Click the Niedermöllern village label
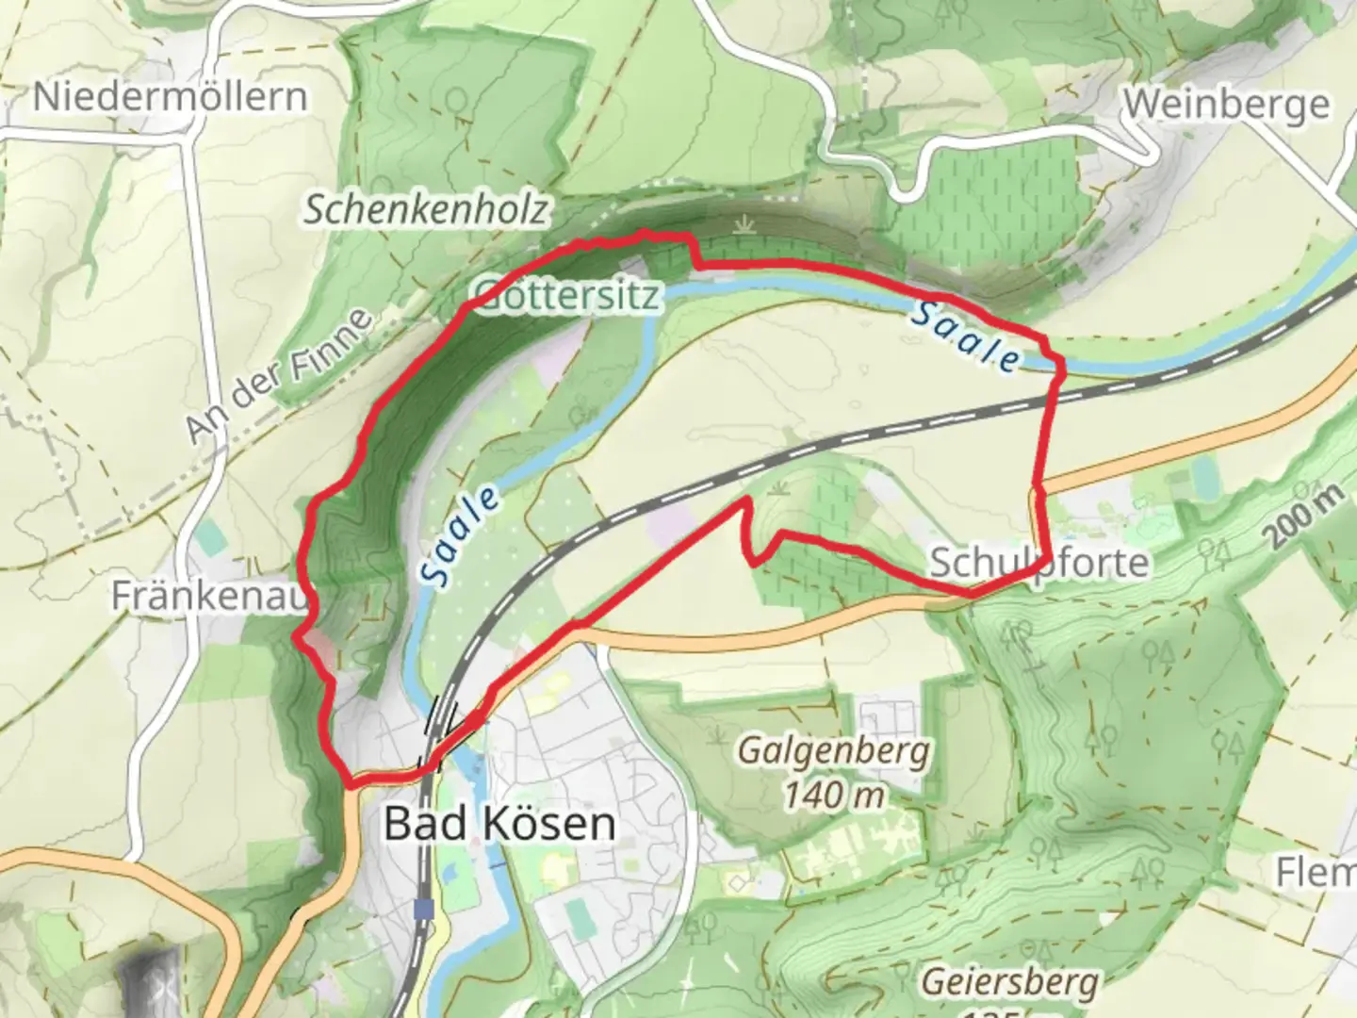tap(171, 97)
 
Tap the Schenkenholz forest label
tap(425, 209)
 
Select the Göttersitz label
tap(566, 296)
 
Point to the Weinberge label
tap(1226, 104)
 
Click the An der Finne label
tap(279, 375)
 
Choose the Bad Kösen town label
tap(499, 824)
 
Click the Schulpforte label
tap(1038, 563)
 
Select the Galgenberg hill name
tap(834, 751)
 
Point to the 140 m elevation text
tap(835, 795)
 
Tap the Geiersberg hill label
tap(1009, 981)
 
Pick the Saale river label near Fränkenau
tap(460, 535)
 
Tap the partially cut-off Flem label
tap(1316, 872)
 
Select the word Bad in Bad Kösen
tap(414, 824)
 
